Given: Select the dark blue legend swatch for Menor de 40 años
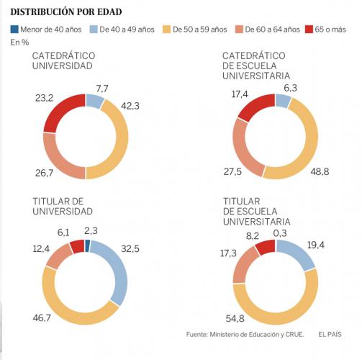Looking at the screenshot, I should pyautogui.click(x=15, y=29).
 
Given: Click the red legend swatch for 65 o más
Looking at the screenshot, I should pyautogui.click(x=309, y=29).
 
